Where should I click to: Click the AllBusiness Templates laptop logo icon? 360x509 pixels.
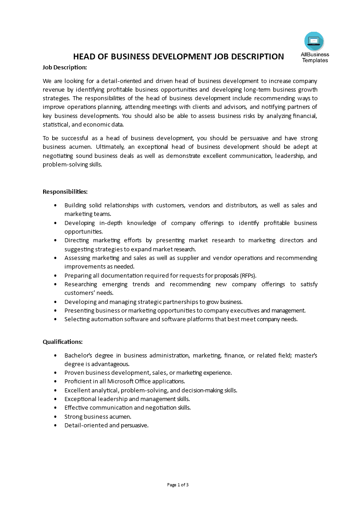314,41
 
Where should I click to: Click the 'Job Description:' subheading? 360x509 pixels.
64,67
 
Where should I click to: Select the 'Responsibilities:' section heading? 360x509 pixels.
65,191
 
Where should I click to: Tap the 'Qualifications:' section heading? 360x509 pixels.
63,342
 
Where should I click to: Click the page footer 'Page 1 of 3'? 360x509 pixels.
178,485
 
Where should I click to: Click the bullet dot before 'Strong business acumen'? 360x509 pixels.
55,416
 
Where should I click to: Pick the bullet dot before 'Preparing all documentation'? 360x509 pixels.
55,275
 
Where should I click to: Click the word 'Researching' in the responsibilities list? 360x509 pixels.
80,284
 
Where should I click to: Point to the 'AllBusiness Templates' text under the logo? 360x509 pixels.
315,57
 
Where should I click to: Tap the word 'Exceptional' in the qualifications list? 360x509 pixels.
80,399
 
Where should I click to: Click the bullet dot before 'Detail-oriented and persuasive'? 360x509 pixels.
55,426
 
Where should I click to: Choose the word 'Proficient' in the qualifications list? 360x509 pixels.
78,382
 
